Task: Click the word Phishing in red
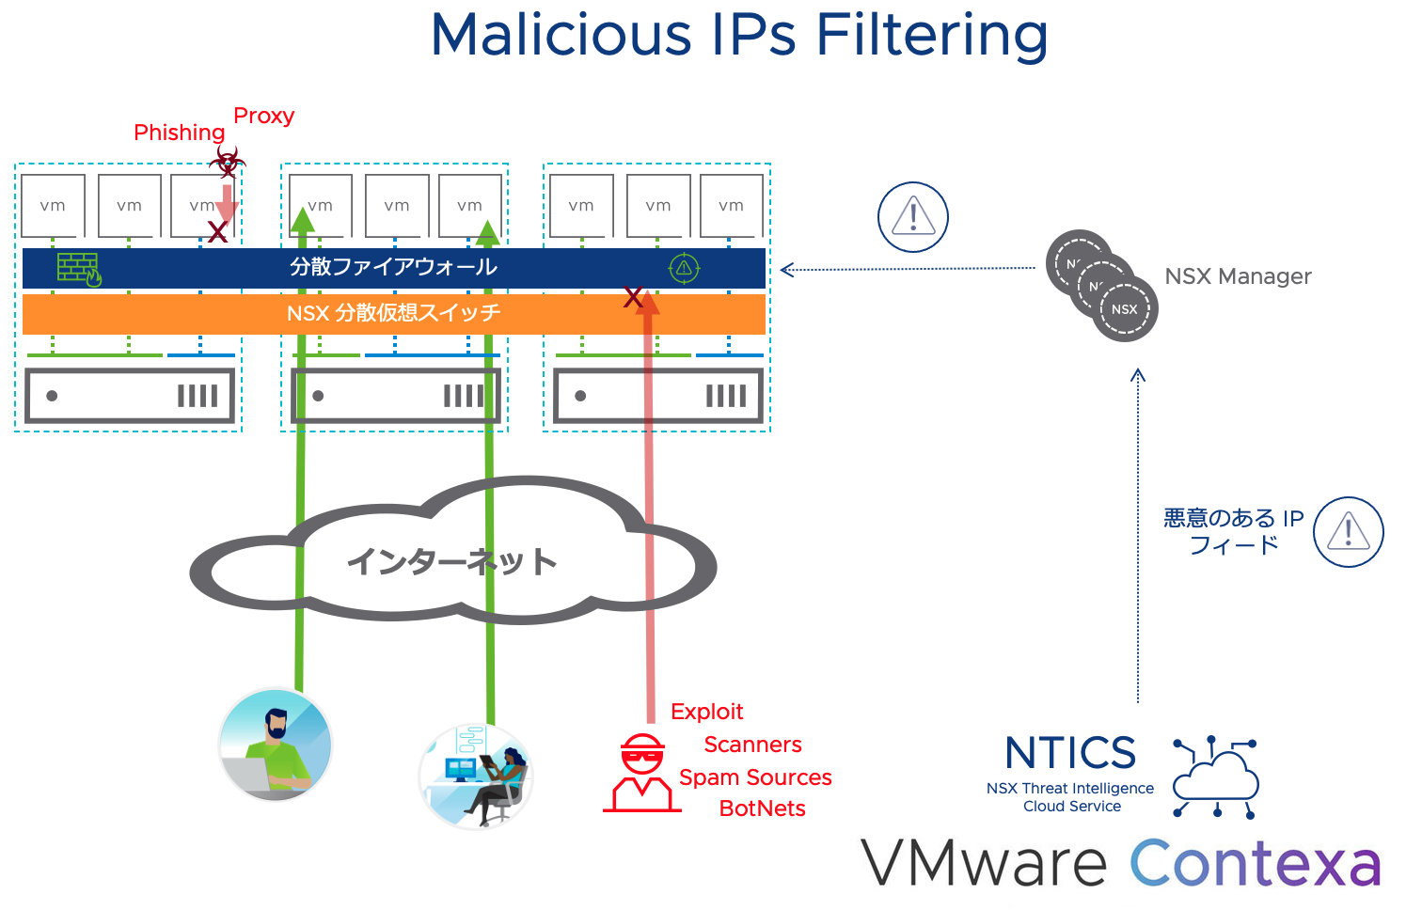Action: [x=179, y=133]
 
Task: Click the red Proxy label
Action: [x=263, y=116]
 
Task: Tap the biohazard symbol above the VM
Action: [x=227, y=161]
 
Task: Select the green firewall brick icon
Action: [x=79, y=269]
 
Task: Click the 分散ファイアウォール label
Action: [x=393, y=267]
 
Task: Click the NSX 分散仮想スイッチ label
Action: [x=393, y=313]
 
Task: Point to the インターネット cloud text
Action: [x=451, y=561]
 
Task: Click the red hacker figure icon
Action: [x=642, y=774]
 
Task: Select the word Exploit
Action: [x=706, y=712]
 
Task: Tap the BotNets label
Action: [x=762, y=808]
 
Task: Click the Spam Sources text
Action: [x=755, y=777]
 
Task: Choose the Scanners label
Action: [x=752, y=745]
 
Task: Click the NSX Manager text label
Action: [x=1238, y=276]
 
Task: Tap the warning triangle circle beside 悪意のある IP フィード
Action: [x=1348, y=532]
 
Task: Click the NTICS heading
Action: [x=1070, y=753]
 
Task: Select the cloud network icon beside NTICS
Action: [x=1215, y=777]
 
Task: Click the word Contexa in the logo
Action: [x=1255, y=863]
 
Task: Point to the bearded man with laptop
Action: [x=276, y=745]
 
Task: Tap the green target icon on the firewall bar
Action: [x=684, y=268]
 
